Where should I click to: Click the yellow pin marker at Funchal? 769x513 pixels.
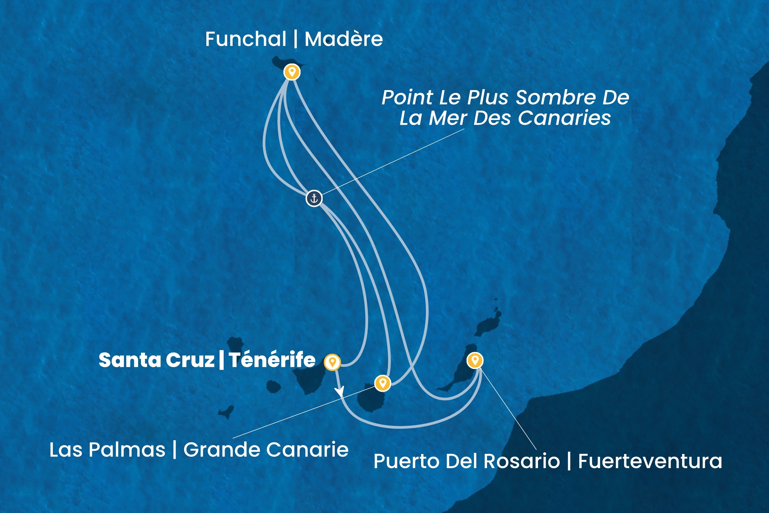[292, 72]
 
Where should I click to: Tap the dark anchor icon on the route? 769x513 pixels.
[314, 198]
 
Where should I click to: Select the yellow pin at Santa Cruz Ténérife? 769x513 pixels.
[332, 362]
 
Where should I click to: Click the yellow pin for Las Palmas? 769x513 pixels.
[383, 383]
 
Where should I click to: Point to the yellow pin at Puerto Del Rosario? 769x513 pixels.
[475, 360]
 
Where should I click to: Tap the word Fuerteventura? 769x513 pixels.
[650, 461]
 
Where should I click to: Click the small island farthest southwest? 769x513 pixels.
[226, 412]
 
